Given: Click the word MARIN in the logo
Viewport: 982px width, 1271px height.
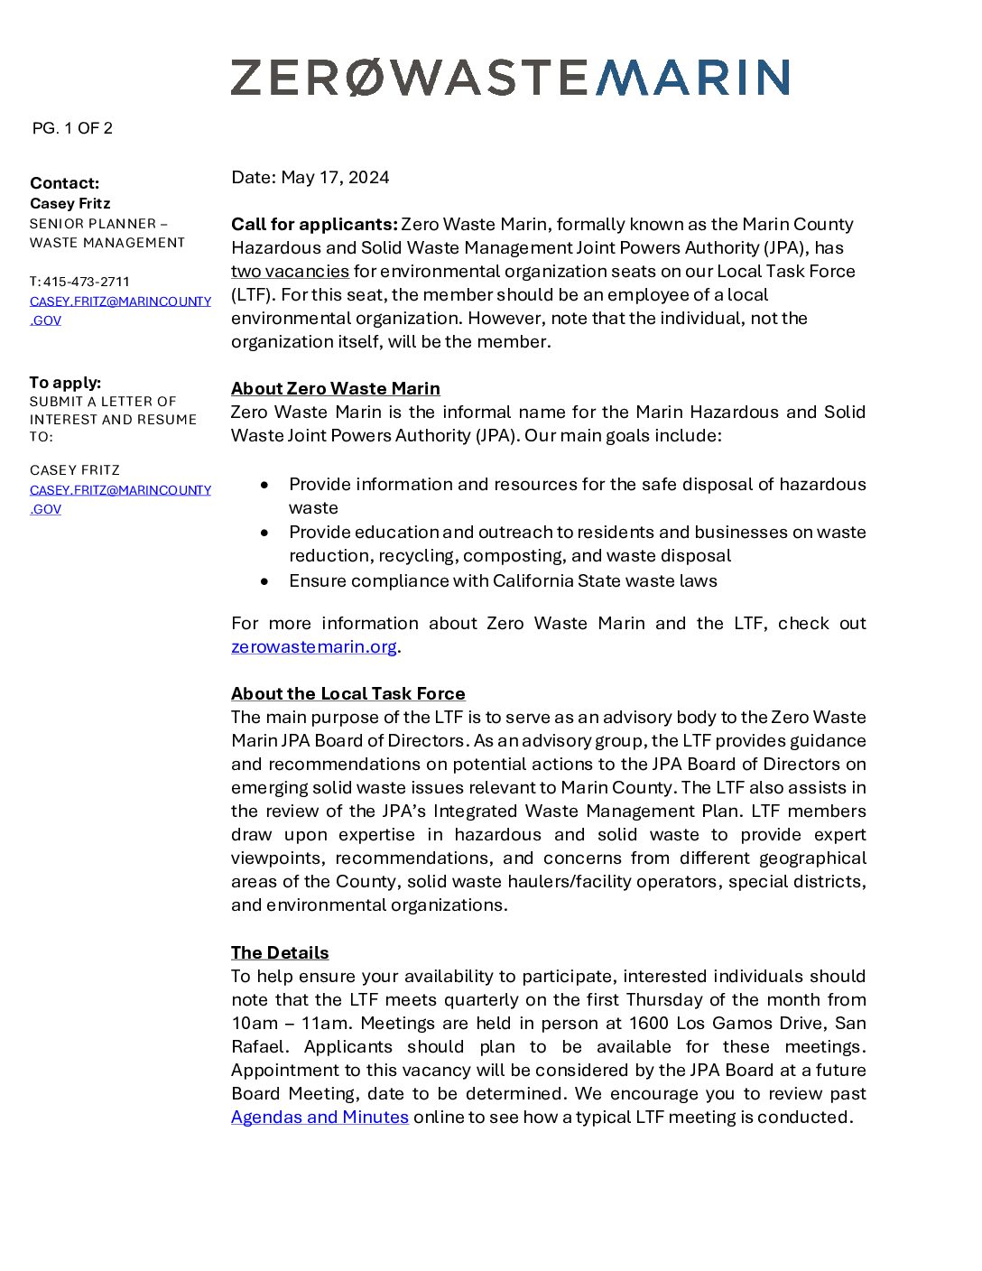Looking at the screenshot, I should click(692, 78).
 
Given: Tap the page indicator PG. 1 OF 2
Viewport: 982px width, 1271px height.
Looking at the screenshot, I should click(72, 128).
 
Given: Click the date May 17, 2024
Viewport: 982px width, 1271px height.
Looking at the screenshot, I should click(335, 177).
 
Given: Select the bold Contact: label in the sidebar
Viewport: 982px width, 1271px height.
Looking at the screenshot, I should click(64, 183).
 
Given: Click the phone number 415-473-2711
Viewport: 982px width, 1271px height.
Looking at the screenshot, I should click(87, 282).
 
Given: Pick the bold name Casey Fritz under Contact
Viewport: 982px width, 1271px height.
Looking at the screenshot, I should click(69, 204).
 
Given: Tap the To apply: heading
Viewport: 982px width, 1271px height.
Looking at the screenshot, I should click(65, 383).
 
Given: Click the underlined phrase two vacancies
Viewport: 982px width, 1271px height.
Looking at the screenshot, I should click(290, 271).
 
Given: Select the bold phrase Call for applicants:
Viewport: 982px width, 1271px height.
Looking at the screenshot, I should click(314, 224).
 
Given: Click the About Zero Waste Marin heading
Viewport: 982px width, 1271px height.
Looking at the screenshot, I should click(335, 388).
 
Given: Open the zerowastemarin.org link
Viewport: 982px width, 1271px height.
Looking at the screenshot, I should click(313, 646).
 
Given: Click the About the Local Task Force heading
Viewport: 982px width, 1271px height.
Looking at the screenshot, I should click(347, 693).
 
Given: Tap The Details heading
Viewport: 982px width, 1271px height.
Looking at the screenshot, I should click(280, 952).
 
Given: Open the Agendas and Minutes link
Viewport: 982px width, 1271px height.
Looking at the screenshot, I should click(320, 1117).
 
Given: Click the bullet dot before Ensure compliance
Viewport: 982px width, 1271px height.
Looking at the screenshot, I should click(264, 581).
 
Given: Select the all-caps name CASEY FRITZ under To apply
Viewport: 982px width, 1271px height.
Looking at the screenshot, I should click(75, 470).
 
